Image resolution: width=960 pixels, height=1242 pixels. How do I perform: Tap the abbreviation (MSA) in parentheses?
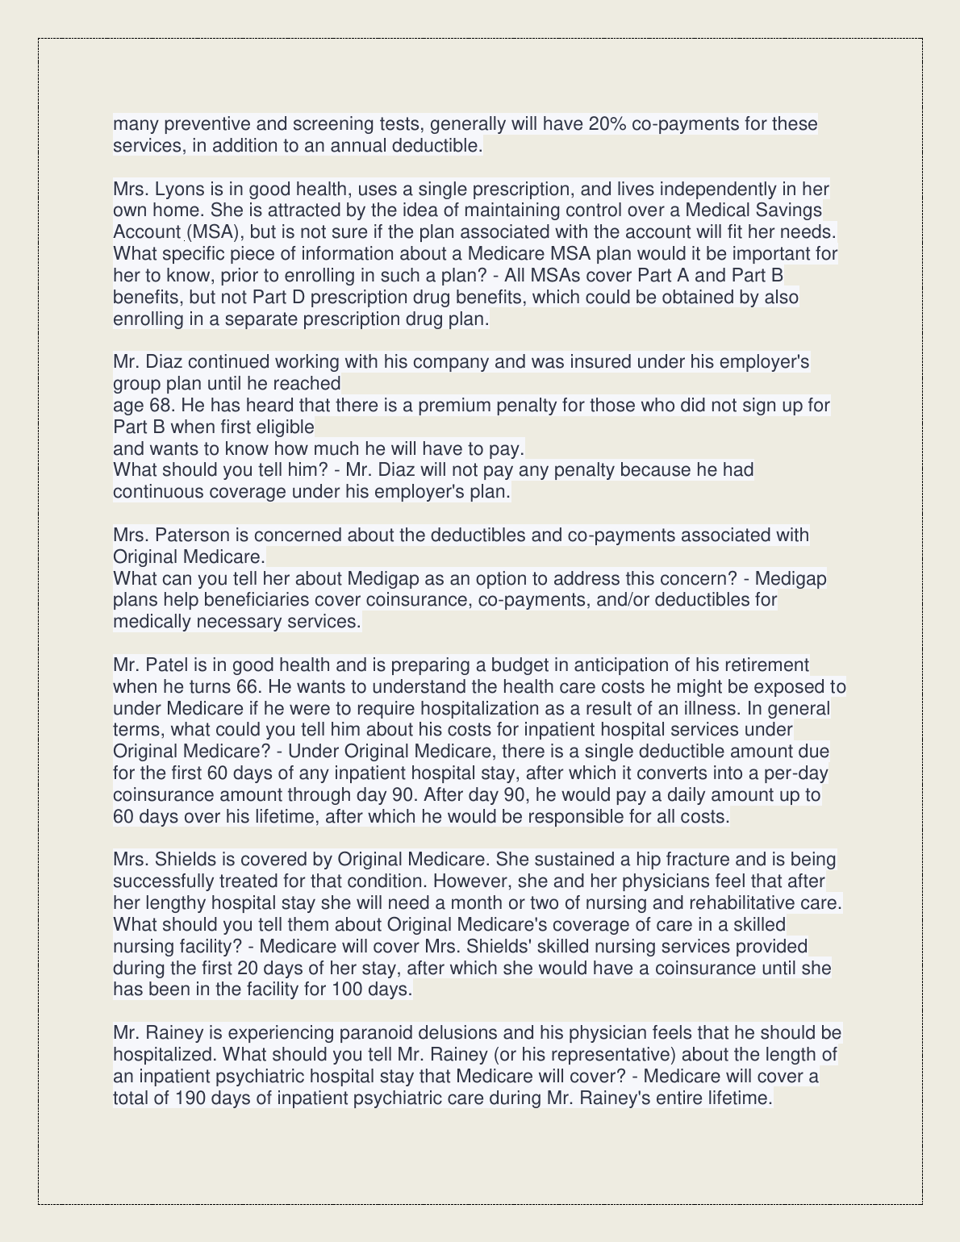[x=213, y=232]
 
